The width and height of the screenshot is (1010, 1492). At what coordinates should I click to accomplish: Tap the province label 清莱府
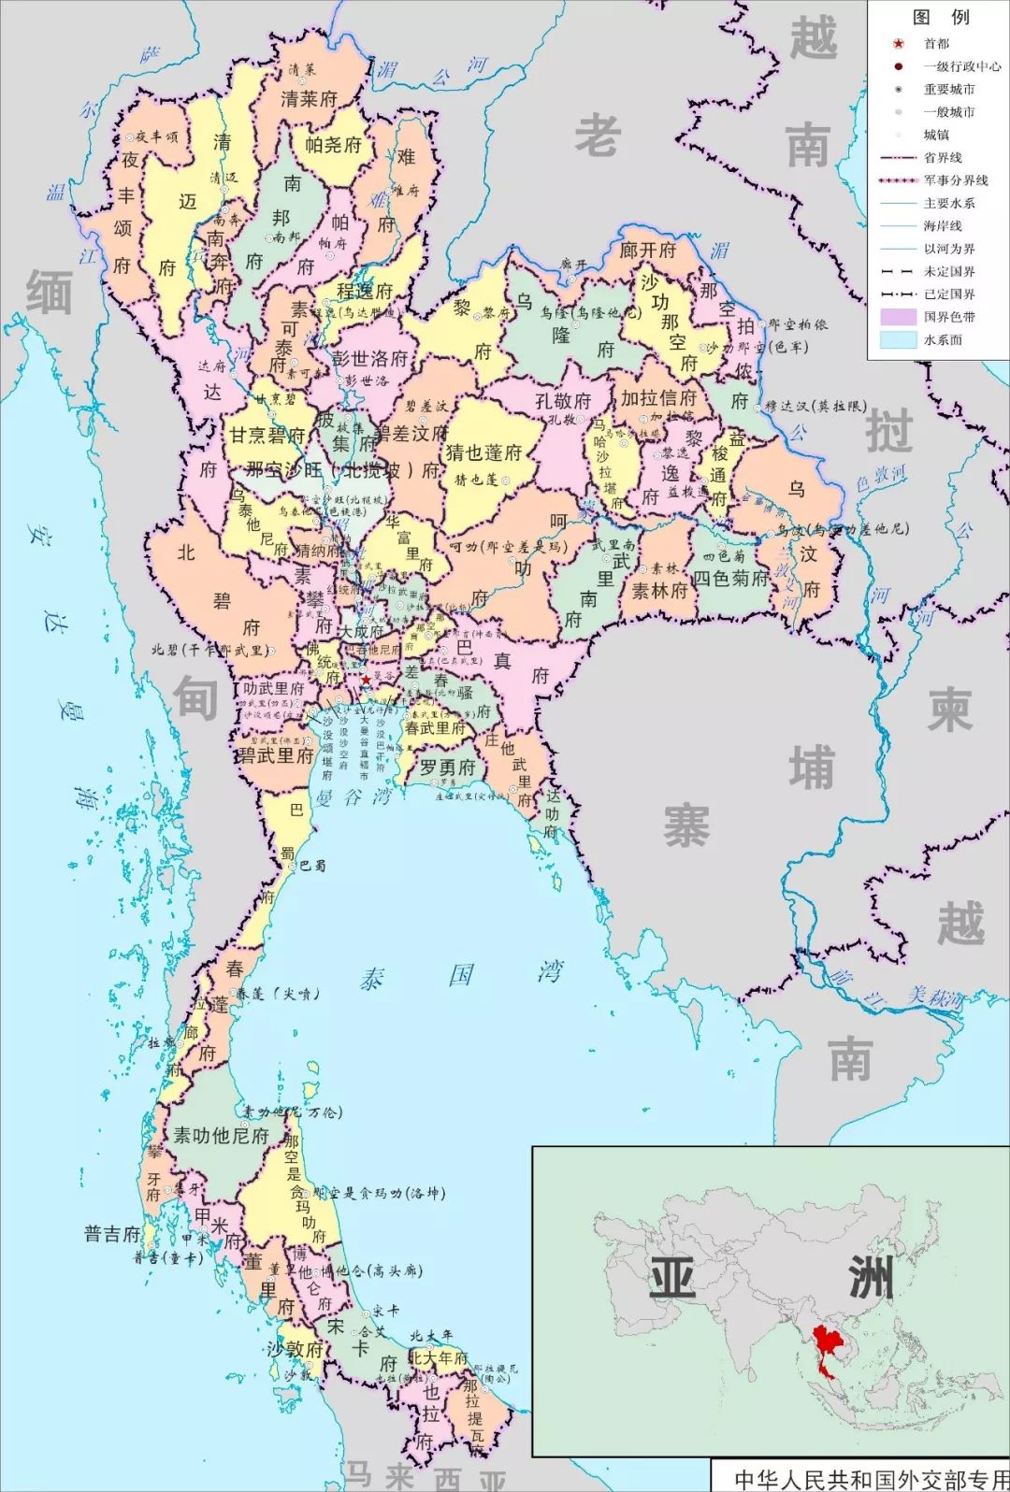pyautogui.click(x=309, y=98)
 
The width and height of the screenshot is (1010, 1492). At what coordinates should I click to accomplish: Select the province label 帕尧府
pyautogui.click(x=333, y=144)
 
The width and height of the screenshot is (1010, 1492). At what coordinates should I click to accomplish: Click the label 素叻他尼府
pyautogui.click(x=221, y=1136)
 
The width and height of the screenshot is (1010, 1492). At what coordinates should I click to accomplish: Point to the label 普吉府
pyautogui.click(x=112, y=1234)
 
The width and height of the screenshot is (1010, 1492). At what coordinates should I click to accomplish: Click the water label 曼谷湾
pyautogui.click(x=353, y=797)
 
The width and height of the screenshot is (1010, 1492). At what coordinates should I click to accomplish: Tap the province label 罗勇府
pyautogui.click(x=447, y=768)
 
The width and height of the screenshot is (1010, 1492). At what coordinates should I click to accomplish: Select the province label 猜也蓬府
pyautogui.click(x=483, y=452)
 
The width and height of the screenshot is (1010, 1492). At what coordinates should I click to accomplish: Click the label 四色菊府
pyautogui.click(x=729, y=579)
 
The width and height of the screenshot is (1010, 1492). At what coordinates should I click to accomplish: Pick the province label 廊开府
pyautogui.click(x=647, y=251)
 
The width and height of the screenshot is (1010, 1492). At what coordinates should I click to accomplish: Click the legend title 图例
pyautogui.click(x=940, y=17)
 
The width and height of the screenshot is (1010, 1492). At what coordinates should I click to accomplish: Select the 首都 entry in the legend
pyautogui.click(x=936, y=44)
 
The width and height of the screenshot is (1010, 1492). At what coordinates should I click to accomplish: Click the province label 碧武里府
pyautogui.click(x=274, y=755)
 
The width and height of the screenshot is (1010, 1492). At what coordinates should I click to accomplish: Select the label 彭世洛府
pyautogui.click(x=370, y=359)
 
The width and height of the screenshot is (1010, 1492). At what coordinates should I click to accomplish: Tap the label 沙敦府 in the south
pyautogui.click(x=295, y=1349)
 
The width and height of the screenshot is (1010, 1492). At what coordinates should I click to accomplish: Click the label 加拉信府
pyautogui.click(x=658, y=398)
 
